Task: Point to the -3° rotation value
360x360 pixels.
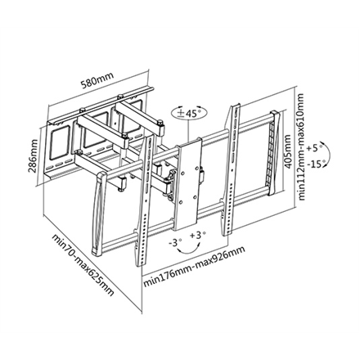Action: [x=174, y=242]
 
